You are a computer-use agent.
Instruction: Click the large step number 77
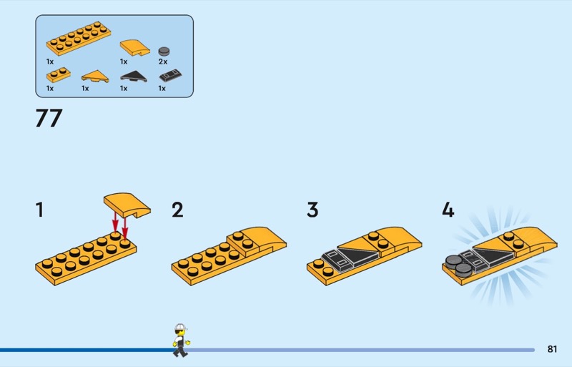49,118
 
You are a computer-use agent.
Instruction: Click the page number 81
551,350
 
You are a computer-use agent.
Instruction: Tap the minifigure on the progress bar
181,341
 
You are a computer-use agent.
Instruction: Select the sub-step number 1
39,210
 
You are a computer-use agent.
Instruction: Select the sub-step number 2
177,210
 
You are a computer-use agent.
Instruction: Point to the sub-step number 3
312,210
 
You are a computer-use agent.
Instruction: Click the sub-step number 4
448,210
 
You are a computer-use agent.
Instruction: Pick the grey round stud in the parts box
165,51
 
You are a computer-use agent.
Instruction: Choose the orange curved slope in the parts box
134,47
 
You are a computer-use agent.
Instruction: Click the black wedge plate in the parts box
132,75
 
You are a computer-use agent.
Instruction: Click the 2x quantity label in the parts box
162,62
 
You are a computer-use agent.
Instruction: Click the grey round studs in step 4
458,264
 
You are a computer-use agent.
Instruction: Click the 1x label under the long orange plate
50,62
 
